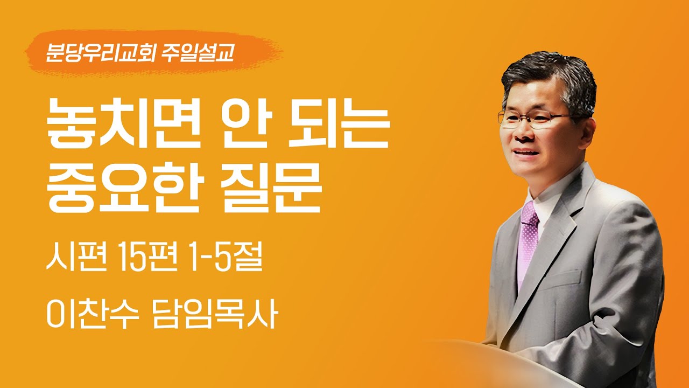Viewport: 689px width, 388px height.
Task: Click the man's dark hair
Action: [x=549, y=78]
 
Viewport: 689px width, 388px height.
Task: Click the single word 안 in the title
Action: [x=259, y=129]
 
